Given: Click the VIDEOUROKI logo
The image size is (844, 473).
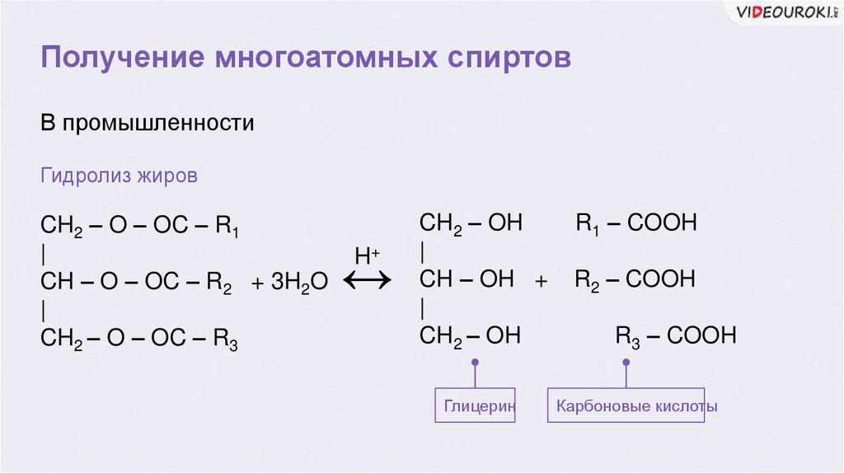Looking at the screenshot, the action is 784,12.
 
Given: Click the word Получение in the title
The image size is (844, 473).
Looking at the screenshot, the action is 123,59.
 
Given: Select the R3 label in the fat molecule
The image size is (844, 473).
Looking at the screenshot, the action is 226,339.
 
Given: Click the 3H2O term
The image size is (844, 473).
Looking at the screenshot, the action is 289,283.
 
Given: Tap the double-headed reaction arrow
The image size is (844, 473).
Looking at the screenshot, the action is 367,282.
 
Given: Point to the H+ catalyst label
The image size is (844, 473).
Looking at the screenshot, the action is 367,255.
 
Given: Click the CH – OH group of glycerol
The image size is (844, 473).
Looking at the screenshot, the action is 467,279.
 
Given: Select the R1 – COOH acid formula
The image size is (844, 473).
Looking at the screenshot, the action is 635,223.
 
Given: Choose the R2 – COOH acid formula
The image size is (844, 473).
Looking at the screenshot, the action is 635,279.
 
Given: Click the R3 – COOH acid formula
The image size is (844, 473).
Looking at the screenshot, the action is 676,336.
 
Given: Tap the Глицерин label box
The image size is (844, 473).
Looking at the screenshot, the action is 476,405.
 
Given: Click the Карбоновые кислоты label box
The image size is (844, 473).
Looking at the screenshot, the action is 626,405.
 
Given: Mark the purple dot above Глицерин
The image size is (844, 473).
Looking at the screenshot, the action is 475,363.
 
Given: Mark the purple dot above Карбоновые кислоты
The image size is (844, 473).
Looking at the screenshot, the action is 626,363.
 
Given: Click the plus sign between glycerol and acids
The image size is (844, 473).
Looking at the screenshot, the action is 542,281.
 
